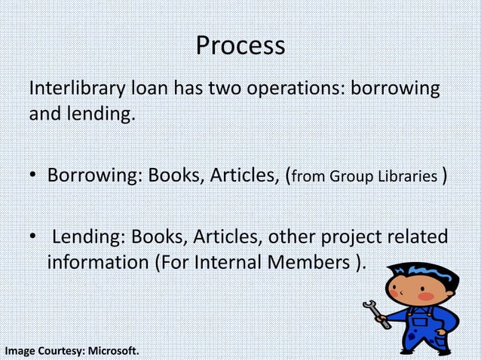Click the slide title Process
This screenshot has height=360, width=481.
click(240, 46)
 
